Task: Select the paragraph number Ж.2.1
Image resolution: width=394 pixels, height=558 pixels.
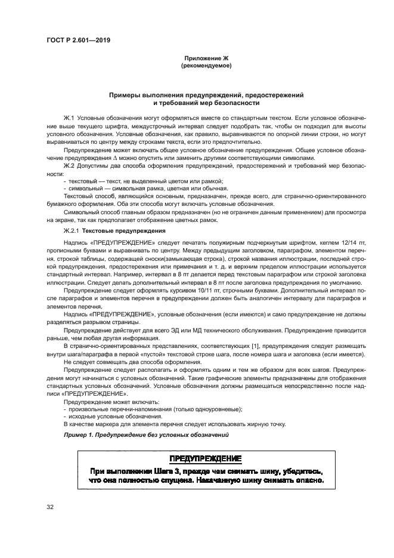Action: tap(72, 230)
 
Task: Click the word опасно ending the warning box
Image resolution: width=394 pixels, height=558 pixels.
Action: tap(309, 480)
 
